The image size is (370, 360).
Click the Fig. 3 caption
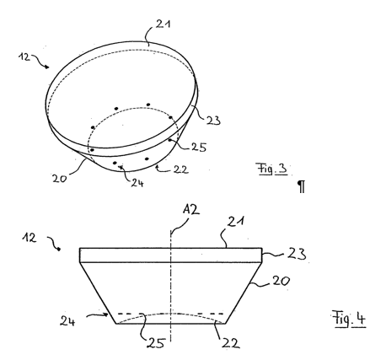pyautogui.click(x=272, y=169)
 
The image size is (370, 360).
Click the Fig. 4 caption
pyautogui.click(x=349, y=319)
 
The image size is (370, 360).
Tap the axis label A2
pyautogui.click(x=191, y=209)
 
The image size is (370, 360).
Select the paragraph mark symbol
pyautogui.click(x=301, y=187)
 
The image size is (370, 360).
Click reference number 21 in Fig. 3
pyautogui.click(x=164, y=24)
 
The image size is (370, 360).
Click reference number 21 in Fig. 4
pyautogui.click(x=236, y=222)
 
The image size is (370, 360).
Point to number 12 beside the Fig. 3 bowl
pyautogui.click(x=24, y=56)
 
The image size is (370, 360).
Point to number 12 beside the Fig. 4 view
pyautogui.click(x=29, y=238)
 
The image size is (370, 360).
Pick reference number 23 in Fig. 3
pyautogui.click(x=213, y=121)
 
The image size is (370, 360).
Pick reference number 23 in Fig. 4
pyautogui.click(x=297, y=254)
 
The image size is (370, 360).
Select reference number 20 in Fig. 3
pyautogui.click(x=60, y=178)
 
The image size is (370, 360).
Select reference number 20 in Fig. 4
pyautogui.click(x=280, y=281)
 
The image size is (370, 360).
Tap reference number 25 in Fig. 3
pyautogui.click(x=199, y=147)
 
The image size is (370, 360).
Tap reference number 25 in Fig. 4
pyautogui.click(x=156, y=343)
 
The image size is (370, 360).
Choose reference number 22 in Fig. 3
pyautogui.click(x=180, y=169)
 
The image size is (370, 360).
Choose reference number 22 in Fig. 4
pyautogui.click(x=231, y=343)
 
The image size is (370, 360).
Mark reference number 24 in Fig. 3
pyautogui.click(x=137, y=183)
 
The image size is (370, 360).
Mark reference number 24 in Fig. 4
pyautogui.click(x=67, y=321)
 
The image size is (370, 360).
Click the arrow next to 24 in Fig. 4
pyautogui.click(x=97, y=315)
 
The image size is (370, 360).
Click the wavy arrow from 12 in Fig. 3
pyautogui.click(x=40, y=61)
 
